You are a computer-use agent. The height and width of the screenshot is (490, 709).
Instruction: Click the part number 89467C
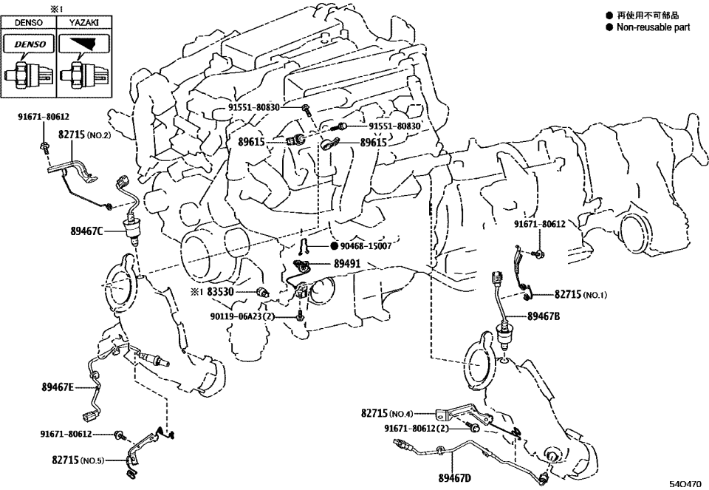(x=76, y=231)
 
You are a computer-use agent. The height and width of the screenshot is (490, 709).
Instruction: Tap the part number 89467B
(x=544, y=316)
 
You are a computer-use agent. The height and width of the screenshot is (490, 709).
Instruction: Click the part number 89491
(x=347, y=262)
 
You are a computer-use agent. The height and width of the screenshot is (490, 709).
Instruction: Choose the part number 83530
(x=220, y=292)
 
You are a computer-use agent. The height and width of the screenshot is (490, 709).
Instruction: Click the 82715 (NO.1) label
(x=580, y=294)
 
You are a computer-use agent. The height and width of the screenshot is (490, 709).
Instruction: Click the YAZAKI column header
(x=83, y=23)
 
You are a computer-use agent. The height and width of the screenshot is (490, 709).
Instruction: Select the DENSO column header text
(x=28, y=23)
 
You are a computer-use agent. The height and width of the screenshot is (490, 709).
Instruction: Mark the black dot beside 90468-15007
(x=333, y=245)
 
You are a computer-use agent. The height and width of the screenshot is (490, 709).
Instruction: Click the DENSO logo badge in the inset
(x=29, y=44)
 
